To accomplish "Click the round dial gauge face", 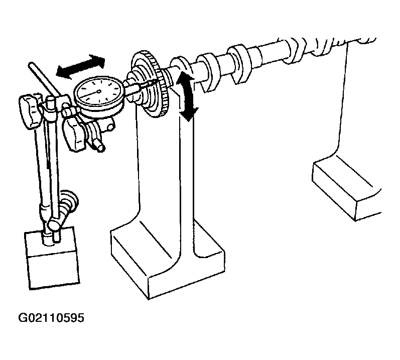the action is (x=98, y=91).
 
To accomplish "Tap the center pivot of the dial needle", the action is (x=99, y=91).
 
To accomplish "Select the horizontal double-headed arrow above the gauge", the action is (x=80, y=66).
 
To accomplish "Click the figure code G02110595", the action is (x=51, y=318).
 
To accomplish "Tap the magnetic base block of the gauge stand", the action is (x=52, y=258).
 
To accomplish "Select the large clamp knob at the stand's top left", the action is (x=29, y=111).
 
